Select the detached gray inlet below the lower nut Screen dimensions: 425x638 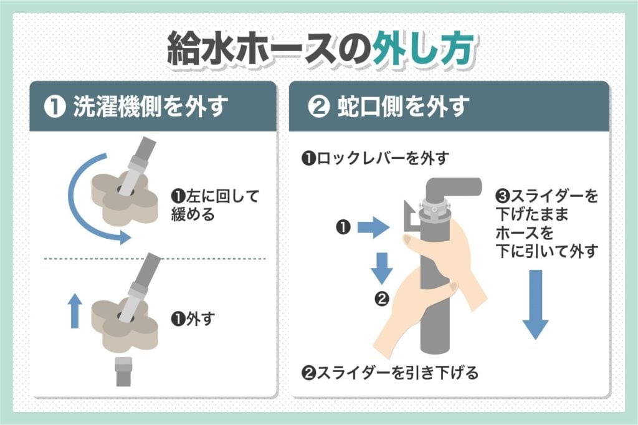[x=123, y=371]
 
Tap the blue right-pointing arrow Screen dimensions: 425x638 [x=372, y=229]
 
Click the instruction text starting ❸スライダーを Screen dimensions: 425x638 [x=546, y=224]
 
